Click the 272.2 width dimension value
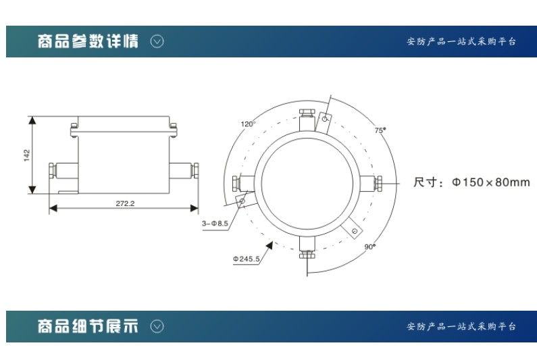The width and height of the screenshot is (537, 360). [x=125, y=203]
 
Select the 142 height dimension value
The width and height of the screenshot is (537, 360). [x=27, y=155]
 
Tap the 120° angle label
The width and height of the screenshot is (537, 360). [x=248, y=124]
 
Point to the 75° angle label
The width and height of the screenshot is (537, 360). [x=380, y=130]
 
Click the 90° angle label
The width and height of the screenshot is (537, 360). [x=370, y=247]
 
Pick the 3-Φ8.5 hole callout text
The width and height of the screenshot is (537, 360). [x=215, y=224]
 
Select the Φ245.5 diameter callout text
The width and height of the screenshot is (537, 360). [x=247, y=259]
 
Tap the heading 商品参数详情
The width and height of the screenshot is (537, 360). [x=88, y=41]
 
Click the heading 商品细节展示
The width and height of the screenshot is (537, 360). [x=88, y=326]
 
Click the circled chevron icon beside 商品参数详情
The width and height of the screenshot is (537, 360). [x=157, y=41]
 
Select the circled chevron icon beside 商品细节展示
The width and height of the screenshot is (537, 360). [x=157, y=326]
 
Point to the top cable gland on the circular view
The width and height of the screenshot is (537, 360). [x=307, y=120]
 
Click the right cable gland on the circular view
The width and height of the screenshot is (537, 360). [x=372, y=183]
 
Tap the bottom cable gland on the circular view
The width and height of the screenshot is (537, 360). [x=307, y=247]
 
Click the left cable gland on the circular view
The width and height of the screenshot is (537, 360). [x=243, y=183]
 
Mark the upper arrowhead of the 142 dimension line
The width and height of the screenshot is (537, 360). [x=32, y=120]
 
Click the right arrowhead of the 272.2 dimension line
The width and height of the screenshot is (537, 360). [x=194, y=208]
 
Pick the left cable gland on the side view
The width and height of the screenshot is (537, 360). [x=63, y=171]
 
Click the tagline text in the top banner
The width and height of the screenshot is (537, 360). [x=461, y=41]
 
